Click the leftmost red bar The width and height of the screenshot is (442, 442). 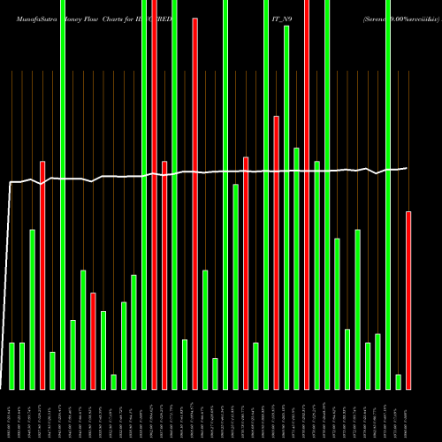point(42,274)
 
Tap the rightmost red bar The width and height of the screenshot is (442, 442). point(408,301)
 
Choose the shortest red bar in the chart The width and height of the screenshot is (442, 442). point(93,340)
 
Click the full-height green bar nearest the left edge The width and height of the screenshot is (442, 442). point(63,194)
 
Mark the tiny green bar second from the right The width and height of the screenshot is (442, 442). point(398,381)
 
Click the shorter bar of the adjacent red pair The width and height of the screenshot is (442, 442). point(164,275)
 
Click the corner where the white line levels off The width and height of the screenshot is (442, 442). point(11,182)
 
